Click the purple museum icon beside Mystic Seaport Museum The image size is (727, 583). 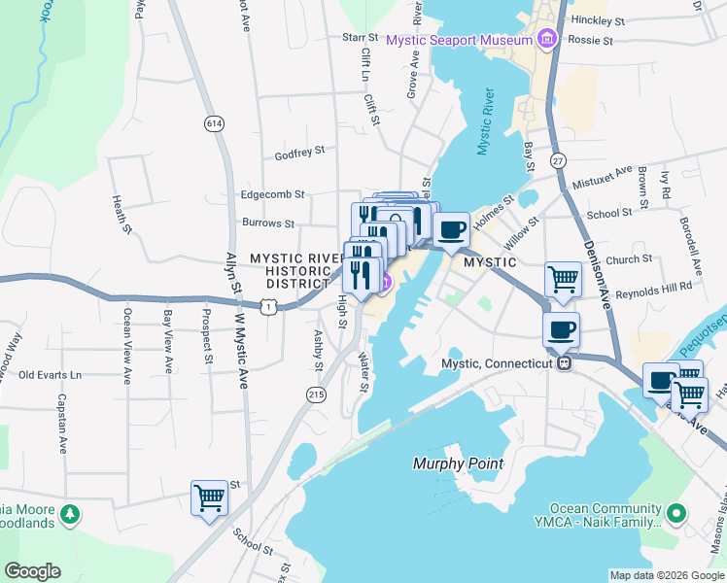coord(547,40)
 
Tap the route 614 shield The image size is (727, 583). coord(214,123)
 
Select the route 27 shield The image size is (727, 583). coord(557,160)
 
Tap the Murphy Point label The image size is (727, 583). coord(458,463)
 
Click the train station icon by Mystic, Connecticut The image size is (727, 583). coord(563,362)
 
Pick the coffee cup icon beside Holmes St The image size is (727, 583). coord(451,230)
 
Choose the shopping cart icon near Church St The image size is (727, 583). coord(563,280)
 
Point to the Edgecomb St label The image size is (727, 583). coord(273,194)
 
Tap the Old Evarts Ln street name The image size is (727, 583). coord(51,374)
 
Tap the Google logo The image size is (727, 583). coord(32,570)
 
